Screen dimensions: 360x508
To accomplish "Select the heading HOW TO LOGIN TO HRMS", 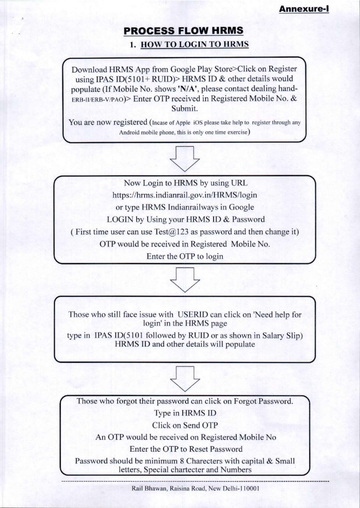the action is click(x=195, y=45).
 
